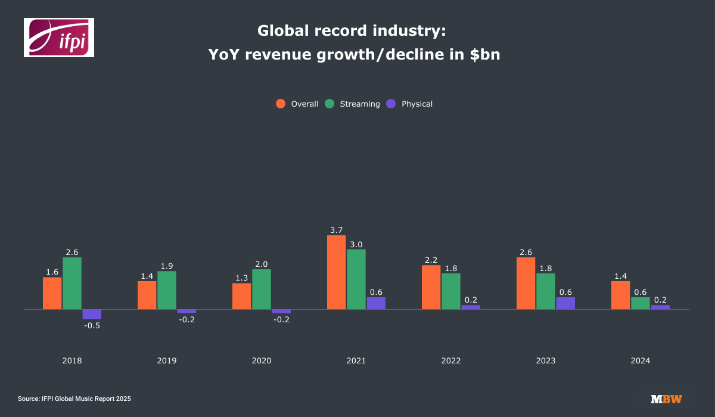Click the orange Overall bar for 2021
tap(336, 272)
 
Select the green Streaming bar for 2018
tap(72, 283)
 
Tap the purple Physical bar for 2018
tap(92, 314)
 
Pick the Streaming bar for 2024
tap(641, 303)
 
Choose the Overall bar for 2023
tap(526, 283)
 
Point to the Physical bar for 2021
tap(376, 303)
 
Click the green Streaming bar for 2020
tap(262, 289)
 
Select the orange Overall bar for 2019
tap(147, 295)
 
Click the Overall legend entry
tap(297, 104)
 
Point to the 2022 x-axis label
tap(451, 361)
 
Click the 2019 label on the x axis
tap(167, 361)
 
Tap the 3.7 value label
tap(336, 230)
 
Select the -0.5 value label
tap(92, 325)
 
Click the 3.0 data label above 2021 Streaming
tap(356, 244)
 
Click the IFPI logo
tap(59, 38)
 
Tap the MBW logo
tap(666, 399)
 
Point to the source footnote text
tap(74, 399)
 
